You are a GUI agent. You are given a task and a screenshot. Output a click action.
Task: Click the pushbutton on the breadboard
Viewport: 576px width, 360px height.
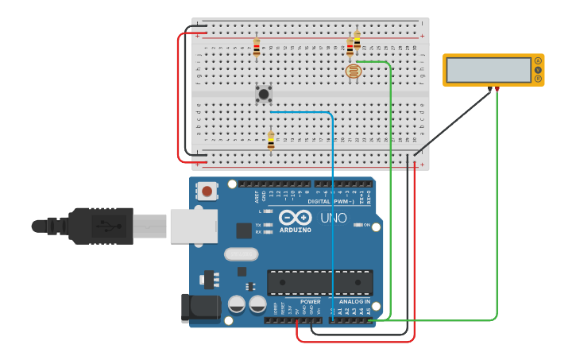[x=263, y=94]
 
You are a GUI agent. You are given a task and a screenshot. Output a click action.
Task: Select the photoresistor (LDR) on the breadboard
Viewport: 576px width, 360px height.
[x=353, y=72]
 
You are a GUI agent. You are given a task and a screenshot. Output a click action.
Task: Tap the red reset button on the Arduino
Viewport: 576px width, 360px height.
[x=207, y=191]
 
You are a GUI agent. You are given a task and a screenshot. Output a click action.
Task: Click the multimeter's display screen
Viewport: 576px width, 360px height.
[x=488, y=70]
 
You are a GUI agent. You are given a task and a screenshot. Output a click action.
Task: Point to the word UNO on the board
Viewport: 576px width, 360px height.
[x=333, y=218]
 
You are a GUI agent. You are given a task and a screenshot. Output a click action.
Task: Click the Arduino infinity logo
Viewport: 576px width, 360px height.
[x=295, y=217]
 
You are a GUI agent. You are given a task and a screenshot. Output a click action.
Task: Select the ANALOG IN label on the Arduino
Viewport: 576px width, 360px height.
[x=354, y=301]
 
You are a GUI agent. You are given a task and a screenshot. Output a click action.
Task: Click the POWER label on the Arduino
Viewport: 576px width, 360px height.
[x=311, y=301]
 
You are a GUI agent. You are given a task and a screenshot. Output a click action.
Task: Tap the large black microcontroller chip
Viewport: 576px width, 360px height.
[x=319, y=282]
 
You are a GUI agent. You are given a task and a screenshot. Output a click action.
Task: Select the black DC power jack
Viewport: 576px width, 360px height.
[x=200, y=308]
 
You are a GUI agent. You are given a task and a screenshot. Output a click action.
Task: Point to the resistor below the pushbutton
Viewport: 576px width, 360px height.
[x=271, y=141]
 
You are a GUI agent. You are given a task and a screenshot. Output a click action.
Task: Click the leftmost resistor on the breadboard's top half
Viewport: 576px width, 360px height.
[x=256, y=48]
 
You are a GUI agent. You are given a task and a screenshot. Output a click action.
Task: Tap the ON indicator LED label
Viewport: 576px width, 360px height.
[x=366, y=225]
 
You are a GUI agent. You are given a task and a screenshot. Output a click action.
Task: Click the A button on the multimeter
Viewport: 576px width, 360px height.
[x=538, y=61]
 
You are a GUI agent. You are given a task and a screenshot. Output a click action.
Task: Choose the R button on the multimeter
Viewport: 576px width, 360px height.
[x=538, y=78]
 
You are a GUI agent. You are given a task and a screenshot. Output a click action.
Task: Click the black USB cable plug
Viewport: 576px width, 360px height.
[x=99, y=225]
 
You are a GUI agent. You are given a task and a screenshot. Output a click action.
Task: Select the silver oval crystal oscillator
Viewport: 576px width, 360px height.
[x=241, y=254]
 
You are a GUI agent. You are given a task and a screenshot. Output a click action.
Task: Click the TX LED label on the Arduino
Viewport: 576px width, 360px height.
[x=259, y=225]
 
